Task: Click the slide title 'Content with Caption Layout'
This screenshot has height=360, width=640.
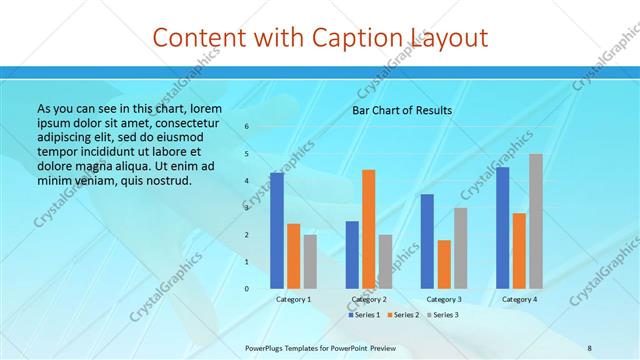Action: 320,38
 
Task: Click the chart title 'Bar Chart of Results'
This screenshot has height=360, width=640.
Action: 402,110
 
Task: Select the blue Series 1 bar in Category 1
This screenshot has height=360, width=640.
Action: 277,230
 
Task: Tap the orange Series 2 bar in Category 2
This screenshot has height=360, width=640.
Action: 368,229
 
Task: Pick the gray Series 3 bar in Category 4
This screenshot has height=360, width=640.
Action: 536,221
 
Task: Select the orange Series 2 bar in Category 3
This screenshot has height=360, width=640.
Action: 444,264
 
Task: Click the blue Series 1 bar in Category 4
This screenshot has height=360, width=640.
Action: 502,227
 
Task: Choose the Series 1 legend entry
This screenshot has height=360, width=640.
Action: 366,315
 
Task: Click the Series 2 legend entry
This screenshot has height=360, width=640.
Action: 404,315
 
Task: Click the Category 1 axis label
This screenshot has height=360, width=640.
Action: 293,299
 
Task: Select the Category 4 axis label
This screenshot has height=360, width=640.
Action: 519,299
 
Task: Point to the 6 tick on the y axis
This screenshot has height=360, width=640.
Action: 246,127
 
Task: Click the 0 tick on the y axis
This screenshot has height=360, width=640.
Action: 246,289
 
